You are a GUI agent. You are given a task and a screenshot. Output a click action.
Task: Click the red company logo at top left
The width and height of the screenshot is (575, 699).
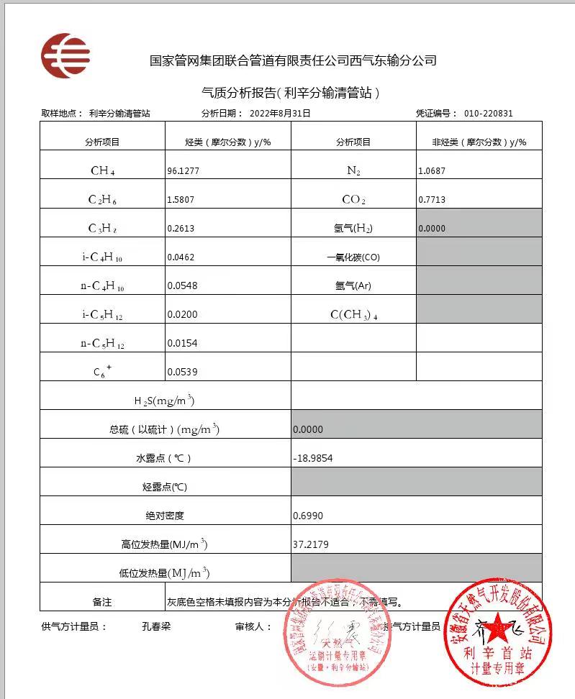pos(65,55)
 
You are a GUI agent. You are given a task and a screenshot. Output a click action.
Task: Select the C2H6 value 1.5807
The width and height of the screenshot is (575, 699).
pos(181,200)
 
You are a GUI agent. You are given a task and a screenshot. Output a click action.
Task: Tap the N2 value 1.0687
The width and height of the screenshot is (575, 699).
pos(432,171)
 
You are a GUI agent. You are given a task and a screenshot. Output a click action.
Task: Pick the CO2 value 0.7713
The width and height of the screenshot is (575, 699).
pos(432,200)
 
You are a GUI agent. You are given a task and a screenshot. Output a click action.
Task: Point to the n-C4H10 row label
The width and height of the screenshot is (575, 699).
pos(102,285)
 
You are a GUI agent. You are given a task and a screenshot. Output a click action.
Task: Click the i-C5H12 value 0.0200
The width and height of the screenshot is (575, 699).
pos(181,314)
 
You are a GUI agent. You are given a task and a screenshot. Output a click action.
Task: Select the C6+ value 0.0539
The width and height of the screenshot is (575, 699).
pos(181,372)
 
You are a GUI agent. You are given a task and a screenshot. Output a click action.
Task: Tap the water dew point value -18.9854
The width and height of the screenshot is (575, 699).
pos(313,458)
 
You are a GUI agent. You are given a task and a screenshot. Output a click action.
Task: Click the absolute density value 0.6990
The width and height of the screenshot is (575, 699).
pos(307,516)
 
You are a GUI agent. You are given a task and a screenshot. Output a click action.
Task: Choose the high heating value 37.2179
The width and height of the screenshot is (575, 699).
pos(310,544)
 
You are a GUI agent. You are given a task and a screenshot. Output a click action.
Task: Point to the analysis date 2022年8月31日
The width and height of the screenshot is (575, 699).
pos(280,114)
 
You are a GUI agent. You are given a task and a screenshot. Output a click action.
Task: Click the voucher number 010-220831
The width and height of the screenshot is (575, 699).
pos(489,114)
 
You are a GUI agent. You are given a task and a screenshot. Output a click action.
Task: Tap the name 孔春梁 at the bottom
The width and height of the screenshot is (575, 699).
pos(156,626)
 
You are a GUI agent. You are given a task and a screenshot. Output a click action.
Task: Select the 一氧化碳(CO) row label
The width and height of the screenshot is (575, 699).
pos(353,257)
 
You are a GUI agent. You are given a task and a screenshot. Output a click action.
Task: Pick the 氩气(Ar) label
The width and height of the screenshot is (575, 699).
pos(353,285)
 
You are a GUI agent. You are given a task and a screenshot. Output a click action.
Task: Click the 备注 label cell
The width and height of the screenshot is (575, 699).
pos(102,602)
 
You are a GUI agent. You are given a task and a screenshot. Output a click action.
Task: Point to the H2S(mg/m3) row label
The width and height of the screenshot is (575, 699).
pos(165,401)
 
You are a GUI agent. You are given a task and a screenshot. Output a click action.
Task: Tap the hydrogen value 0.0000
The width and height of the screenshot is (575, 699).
pos(432,229)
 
